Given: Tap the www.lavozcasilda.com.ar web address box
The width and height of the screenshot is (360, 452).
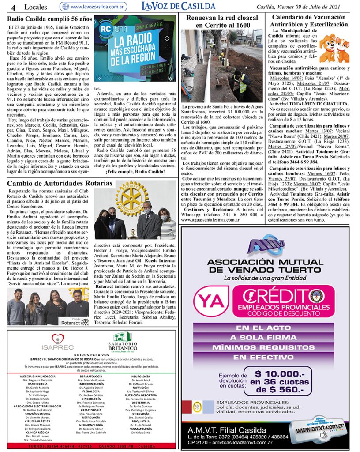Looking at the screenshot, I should pyautogui.click(x=94, y=7).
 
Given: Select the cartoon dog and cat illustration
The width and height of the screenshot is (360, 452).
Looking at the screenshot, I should pyautogui.click(x=334, y=47).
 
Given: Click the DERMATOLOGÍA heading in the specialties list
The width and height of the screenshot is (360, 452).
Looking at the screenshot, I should pyautogui.click(x=91, y=376).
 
